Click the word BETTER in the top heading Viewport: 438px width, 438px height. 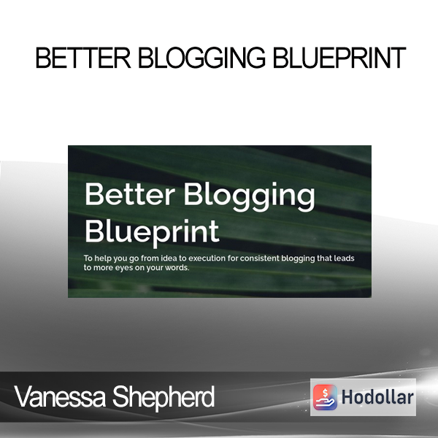83,58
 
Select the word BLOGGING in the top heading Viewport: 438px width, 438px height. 201,58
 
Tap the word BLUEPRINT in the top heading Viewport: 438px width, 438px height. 339,58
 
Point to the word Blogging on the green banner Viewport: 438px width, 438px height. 249,197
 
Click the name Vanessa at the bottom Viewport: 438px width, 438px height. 60,396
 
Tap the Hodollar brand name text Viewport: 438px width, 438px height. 377,397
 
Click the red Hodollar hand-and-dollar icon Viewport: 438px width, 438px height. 325,397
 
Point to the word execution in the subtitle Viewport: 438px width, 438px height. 207,258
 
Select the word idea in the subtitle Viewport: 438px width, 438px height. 169,258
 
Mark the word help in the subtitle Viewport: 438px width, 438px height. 101,258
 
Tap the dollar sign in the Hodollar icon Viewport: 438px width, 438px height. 325,393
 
